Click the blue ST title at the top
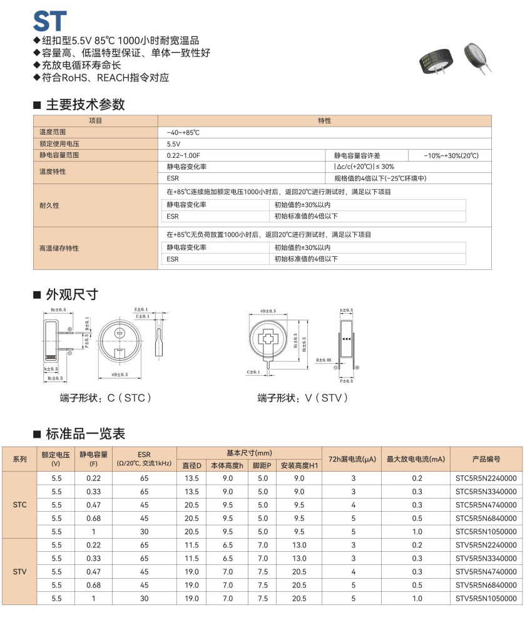tap(49, 20)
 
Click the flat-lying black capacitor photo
tap(436, 61)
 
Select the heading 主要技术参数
tap(85, 105)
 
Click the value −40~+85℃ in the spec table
tap(183, 132)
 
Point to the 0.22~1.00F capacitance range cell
tap(183, 155)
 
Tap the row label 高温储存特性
tap(59, 248)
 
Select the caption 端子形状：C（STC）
tap(106, 398)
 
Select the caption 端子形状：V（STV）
tap(303, 398)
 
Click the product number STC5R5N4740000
tap(486, 505)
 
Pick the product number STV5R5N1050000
tap(486, 598)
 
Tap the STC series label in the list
tap(19, 504)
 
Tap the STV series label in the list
tap(19, 571)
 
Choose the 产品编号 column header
tap(486, 459)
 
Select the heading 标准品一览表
tap(85, 433)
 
